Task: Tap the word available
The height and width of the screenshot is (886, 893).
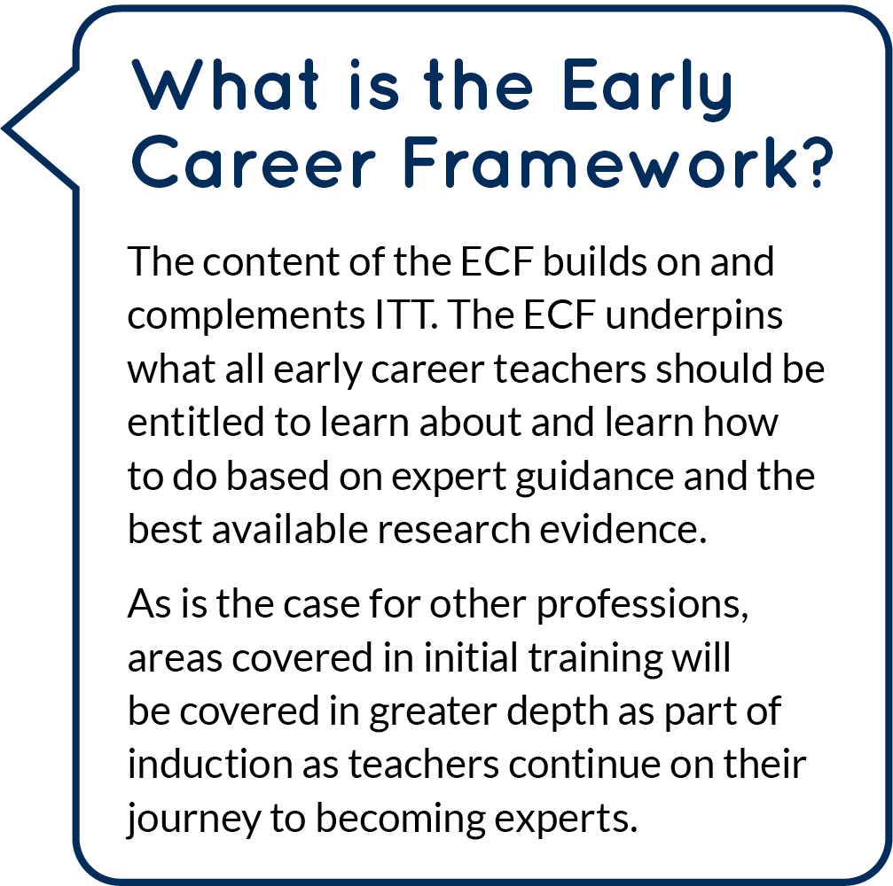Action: pos(294,529)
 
